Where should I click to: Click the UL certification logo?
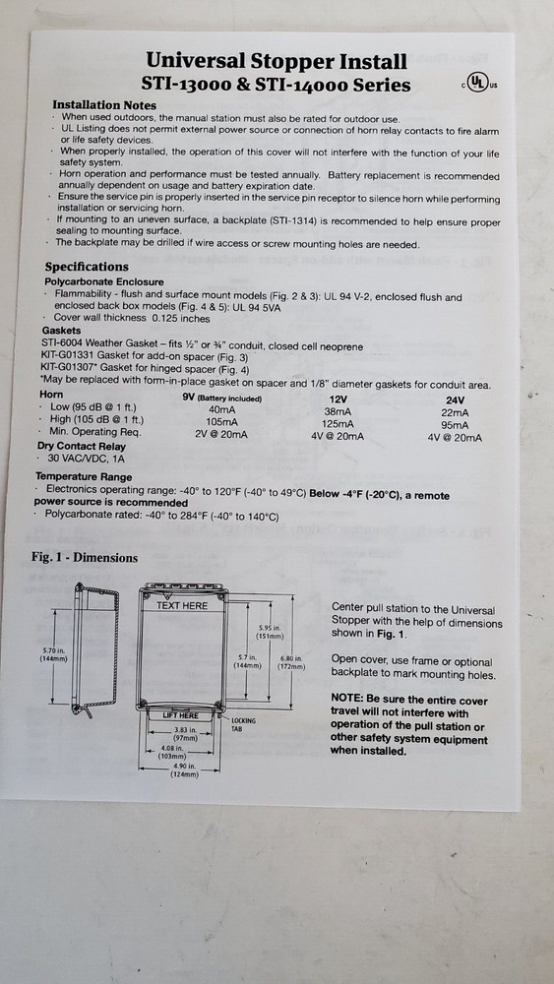(x=480, y=83)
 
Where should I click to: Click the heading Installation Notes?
(x=104, y=105)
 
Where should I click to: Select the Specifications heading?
(x=87, y=267)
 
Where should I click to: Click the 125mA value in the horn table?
(x=337, y=424)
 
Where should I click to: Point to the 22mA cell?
(x=455, y=413)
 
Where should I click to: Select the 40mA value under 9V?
(x=221, y=409)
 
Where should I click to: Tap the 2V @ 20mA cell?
(x=221, y=433)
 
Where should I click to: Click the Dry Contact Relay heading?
(x=82, y=446)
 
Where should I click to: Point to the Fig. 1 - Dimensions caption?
(x=85, y=557)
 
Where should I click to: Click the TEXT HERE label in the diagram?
(x=181, y=605)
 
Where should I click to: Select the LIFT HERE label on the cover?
(x=181, y=715)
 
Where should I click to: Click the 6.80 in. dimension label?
(x=291, y=662)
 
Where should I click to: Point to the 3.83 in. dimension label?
(x=185, y=735)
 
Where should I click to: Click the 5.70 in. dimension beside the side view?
(x=53, y=654)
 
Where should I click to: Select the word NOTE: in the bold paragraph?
(x=346, y=700)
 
